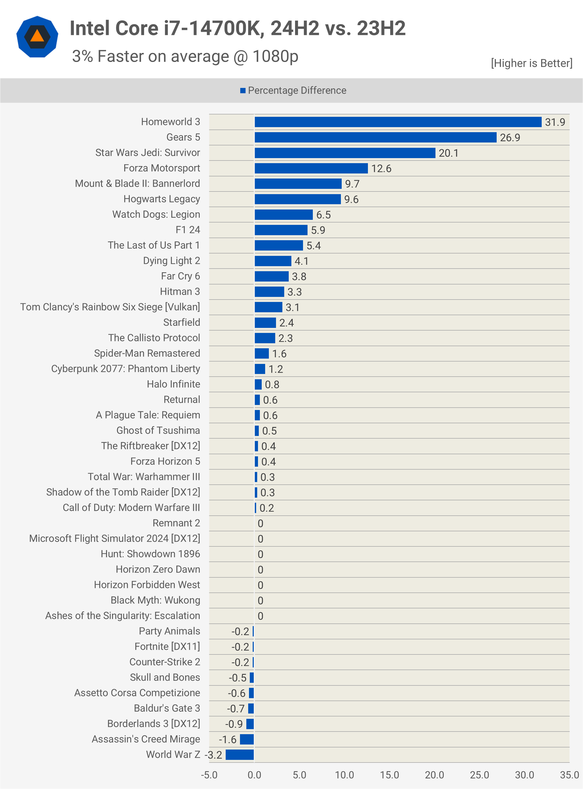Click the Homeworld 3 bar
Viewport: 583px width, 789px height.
point(398,122)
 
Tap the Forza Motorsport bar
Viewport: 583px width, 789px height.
point(311,168)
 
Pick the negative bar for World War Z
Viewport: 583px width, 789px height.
point(240,755)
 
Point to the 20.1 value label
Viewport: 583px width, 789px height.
point(448,153)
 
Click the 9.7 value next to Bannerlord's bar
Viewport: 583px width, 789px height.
point(352,184)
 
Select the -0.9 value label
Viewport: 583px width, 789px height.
point(234,724)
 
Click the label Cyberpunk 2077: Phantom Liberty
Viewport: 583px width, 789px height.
point(126,369)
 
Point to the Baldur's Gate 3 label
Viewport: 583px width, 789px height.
point(167,708)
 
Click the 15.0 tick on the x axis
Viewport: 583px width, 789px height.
point(389,775)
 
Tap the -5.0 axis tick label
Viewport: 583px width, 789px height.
point(209,775)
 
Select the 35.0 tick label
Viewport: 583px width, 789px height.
point(569,775)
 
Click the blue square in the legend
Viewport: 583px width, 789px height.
point(243,91)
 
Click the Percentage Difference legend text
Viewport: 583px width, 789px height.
point(297,91)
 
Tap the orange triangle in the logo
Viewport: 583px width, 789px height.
point(37,36)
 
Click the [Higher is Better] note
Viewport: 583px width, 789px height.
point(531,63)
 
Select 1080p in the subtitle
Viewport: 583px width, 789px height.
point(275,56)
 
